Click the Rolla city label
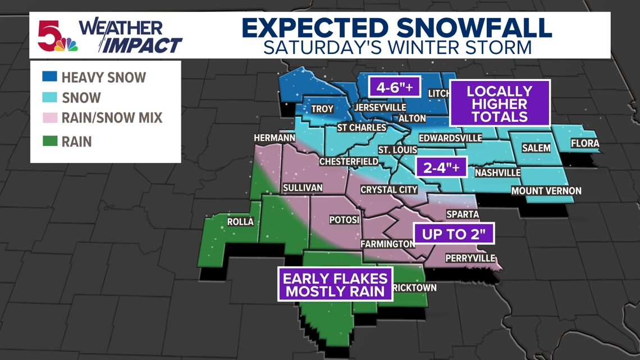pos(240,222)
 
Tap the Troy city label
pos(322,109)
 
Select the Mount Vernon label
pos(546,192)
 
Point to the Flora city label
pos(585,144)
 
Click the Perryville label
pos(470,258)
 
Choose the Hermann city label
pos(275,138)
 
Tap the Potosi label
pos(345,220)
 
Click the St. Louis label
pos(397,150)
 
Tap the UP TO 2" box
pos(454,234)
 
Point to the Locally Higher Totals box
pos(500,104)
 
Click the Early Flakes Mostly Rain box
pos(335,284)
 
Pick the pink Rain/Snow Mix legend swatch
pos(49,118)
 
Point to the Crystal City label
pos(389,190)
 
